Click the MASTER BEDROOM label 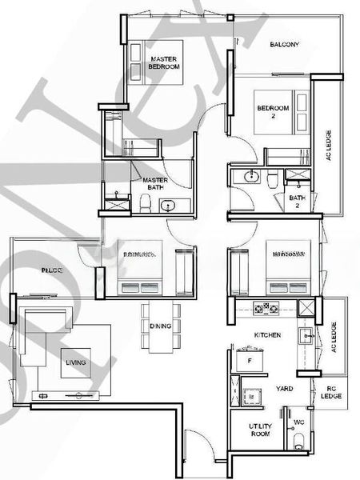coord(165,63)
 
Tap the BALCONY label coord(285,45)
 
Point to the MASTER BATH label coord(154,185)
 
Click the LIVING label coord(76,362)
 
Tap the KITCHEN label coord(266,334)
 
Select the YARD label coord(284,389)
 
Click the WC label coord(298,422)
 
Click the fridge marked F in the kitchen coord(250,362)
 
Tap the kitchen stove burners coord(265,308)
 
